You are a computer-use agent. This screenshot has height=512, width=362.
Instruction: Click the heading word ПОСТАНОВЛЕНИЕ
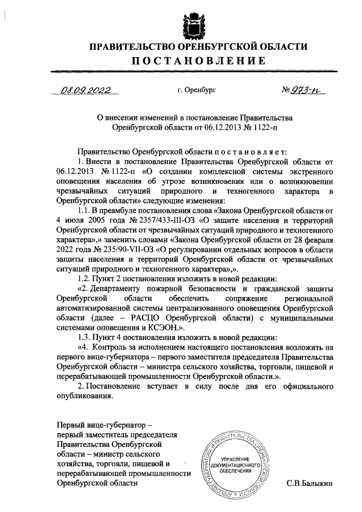point(193,61)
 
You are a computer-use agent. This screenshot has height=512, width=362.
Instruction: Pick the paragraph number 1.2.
point(83,279)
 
